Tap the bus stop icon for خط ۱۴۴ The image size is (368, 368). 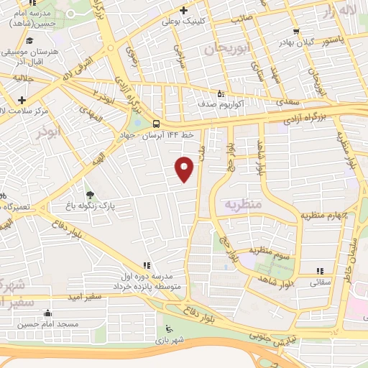click(157, 122)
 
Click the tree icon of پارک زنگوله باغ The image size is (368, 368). click(89, 194)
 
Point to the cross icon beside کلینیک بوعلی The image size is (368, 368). click(185, 11)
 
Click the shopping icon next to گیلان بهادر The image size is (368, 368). click(296, 32)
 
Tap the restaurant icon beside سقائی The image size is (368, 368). click(320, 271)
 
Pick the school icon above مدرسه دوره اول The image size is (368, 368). click(147, 264)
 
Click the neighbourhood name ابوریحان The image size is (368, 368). click(219, 49)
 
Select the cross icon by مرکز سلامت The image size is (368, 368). click(22, 100)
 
